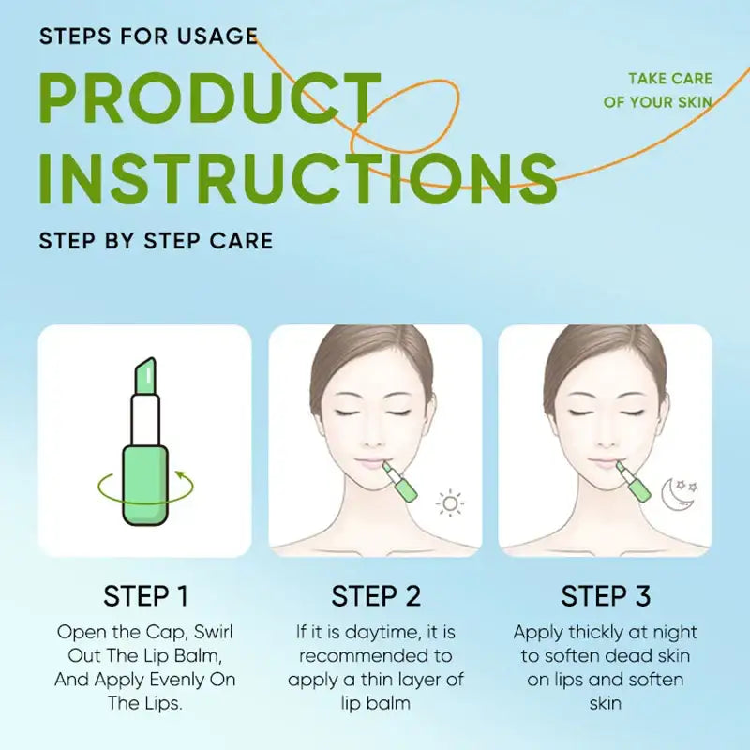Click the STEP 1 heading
(145, 596)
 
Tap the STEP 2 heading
(376, 596)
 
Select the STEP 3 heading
(606, 596)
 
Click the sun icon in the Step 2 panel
(451, 503)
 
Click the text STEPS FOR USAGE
(148, 37)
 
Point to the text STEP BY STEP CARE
(156, 240)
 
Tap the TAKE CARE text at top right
(669, 79)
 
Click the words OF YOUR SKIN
(657, 101)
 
